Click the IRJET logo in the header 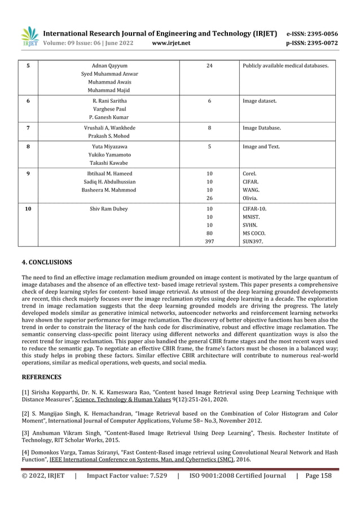[x=29, y=36]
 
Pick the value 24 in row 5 [x=209, y=66]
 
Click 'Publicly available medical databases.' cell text [x=285, y=66]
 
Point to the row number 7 [x=28, y=128]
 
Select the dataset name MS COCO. [x=254, y=232]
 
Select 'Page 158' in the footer [x=318, y=476]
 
